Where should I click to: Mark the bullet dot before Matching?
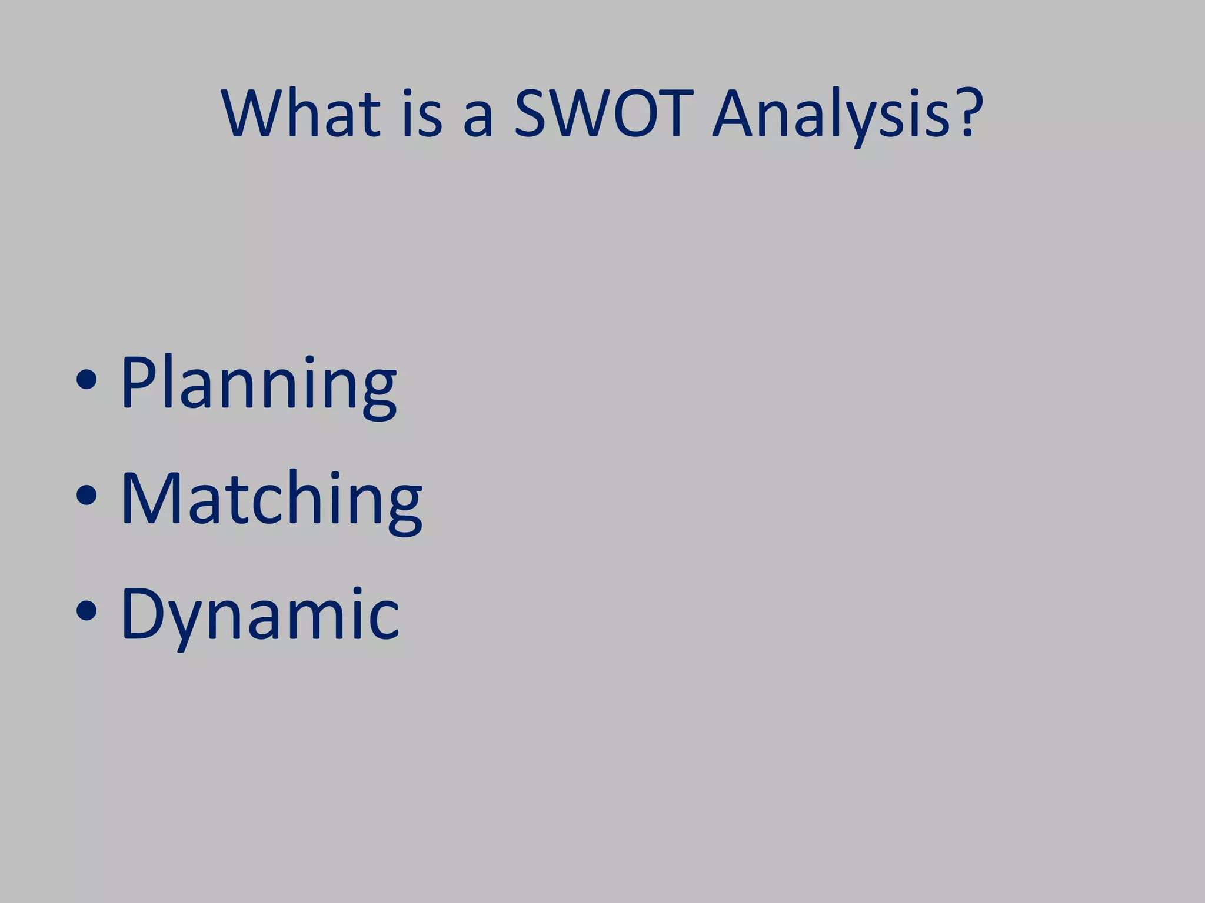[86, 495]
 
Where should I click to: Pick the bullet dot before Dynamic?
[86, 611]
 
